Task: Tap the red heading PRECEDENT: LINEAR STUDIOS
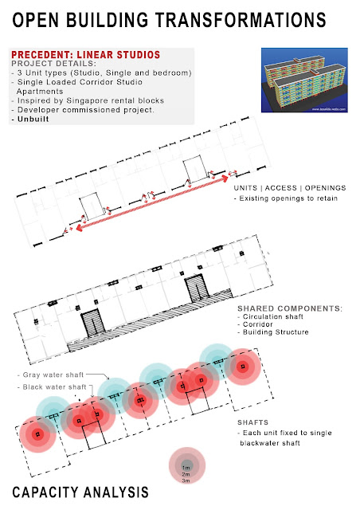pyautogui.click(x=86, y=55)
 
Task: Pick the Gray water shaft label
pyautogui.click(x=49, y=374)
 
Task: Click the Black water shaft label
pyautogui.click(x=50, y=386)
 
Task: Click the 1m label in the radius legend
pyautogui.click(x=186, y=466)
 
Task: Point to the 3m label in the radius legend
pyautogui.click(x=186, y=481)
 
